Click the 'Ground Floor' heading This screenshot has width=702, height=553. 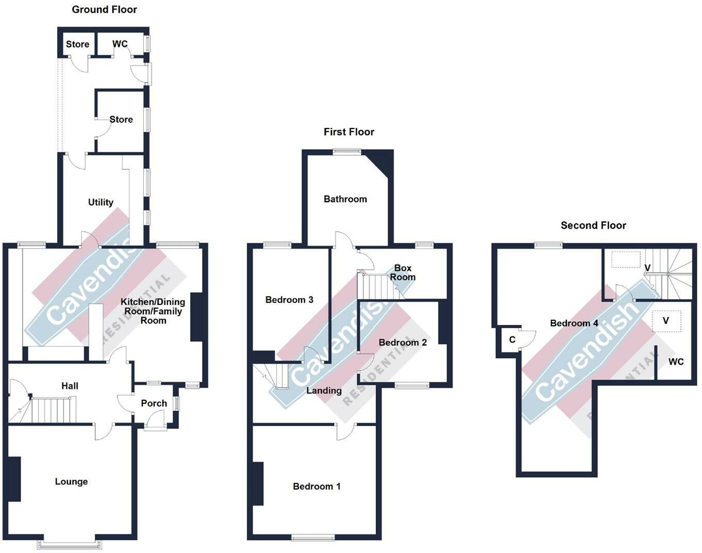pyautogui.click(x=104, y=9)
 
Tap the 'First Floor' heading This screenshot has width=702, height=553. pyautogui.click(x=348, y=132)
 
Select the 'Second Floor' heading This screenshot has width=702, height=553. pyautogui.click(x=593, y=225)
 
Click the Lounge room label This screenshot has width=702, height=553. pyautogui.click(x=71, y=481)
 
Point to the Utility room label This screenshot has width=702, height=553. pyautogui.click(x=101, y=202)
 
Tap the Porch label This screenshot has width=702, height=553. pyautogui.click(x=154, y=403)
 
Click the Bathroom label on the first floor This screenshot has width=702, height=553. pyautogui.click(x=345, y=199)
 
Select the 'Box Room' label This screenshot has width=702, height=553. pyautogui.click(x=403, y=272)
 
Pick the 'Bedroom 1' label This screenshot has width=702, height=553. pyautogui.click(x=316, y=486)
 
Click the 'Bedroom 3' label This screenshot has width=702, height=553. pyautogui.click(x=289, y=300)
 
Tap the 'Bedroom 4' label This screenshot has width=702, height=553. pyautogui.click(x=574, y=323)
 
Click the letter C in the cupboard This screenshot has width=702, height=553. pyautogui.click(x=512, y=339)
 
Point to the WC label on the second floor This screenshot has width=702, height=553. pyautogui.click(x=676, y=362)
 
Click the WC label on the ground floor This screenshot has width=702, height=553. pyautogui.click(x=120, y=44)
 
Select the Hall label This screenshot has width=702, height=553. pyautogui.click(x=70, y=385)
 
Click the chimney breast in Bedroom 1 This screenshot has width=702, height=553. pyautogui.click(x=258, y=483)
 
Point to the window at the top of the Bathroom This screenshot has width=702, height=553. pyautogui.click(x=347, y=152)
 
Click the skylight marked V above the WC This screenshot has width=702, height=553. pyautogui.click(x=666, y=321)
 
